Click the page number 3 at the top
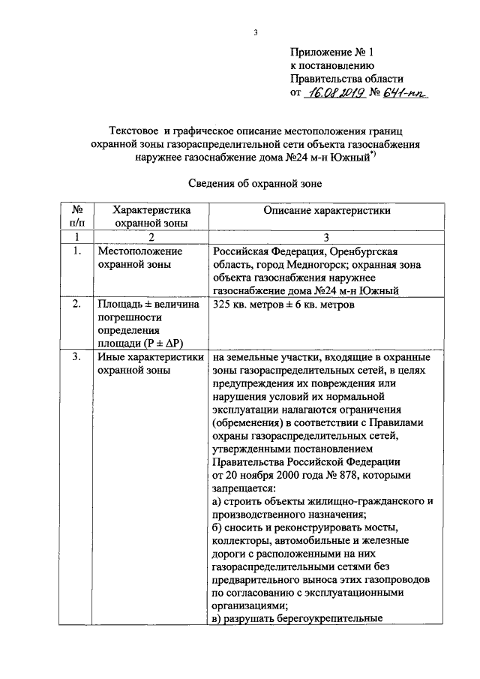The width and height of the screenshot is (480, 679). (x=255, y=32)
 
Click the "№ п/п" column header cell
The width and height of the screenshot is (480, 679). (x=76, y=217)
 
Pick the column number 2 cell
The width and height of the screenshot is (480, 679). (x=150, y=236)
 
